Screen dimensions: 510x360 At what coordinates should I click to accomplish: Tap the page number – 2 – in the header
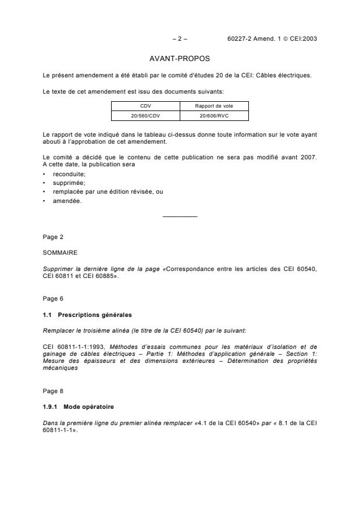180,39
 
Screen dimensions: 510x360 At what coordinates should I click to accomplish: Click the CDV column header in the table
145,105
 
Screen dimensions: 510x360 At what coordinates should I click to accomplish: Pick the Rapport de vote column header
214,105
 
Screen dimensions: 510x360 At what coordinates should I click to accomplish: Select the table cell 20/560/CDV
145,115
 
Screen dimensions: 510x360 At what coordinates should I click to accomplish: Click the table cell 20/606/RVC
214,115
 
